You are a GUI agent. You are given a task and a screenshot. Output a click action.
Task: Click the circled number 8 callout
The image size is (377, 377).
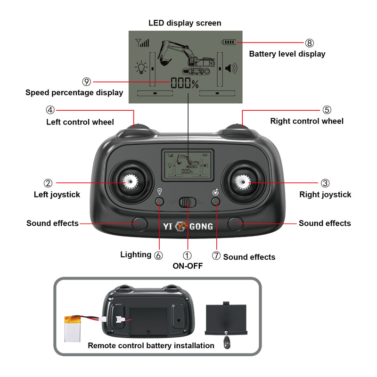coord(310,43)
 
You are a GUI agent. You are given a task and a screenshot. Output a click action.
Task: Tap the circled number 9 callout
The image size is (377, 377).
coord(87,82)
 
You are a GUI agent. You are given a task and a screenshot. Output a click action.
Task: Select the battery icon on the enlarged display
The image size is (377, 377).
coord(229,42)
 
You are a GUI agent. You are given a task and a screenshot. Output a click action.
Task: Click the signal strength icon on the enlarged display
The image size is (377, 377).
coord(142,43)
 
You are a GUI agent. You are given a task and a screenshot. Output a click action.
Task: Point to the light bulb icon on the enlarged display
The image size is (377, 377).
coord(141,67)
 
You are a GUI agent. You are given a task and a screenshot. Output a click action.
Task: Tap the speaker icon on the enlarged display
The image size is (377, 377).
coord(231,68)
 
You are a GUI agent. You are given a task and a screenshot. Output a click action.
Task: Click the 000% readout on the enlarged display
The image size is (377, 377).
coord(185,83)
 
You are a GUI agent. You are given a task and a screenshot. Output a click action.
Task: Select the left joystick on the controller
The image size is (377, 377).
coord(131,181)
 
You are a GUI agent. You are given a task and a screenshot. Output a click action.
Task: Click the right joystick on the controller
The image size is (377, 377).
coord(243,182)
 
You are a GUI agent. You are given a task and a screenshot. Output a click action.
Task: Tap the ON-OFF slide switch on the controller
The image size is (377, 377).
coord(188,202)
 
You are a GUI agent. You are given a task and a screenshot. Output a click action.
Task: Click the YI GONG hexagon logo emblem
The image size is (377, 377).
coord(181,226)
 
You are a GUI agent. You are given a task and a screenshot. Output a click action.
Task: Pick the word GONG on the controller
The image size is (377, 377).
coord(201,227)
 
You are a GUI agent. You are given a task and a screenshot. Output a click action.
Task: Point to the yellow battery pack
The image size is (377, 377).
coord(73,328)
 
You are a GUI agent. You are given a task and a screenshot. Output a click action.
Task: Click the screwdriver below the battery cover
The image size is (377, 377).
coord(227,340)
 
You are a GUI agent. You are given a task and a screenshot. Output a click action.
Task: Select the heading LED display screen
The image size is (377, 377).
coord(185,23)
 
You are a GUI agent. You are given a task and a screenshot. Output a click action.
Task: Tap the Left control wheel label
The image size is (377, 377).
coord(80,122)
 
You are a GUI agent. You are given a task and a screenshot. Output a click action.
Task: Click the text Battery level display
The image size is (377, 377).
coord(287,54)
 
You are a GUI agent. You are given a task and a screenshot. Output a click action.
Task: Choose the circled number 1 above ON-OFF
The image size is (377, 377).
coord(187,255)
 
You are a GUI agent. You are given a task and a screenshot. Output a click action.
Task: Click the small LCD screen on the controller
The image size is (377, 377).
coord(188,165)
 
